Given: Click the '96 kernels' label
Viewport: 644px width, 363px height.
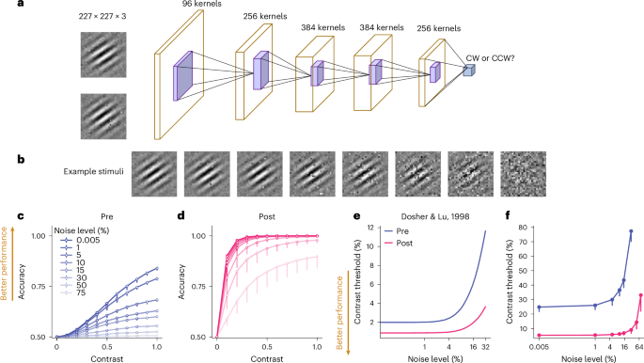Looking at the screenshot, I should (x=196, y=8).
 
